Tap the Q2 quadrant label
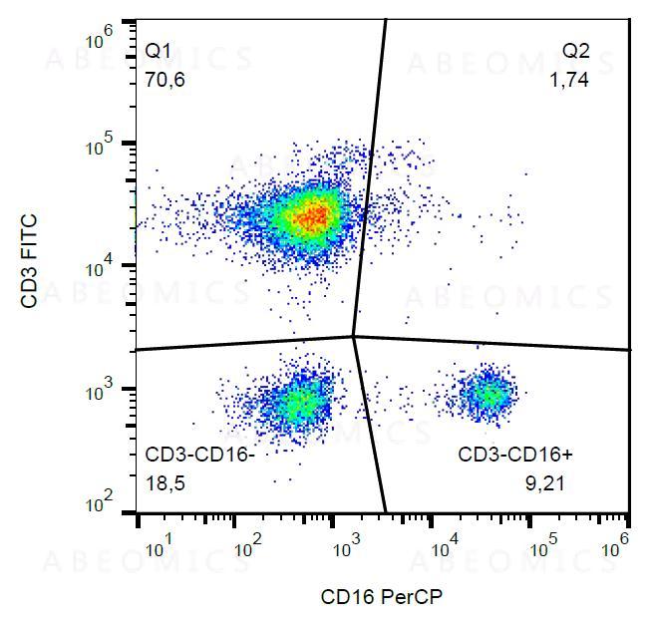point(575,50)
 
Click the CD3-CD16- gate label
point(200,456)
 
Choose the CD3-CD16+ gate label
point(514,456)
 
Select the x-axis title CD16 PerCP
point(381,597)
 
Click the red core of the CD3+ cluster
point(314,214)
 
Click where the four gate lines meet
point(355,337)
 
